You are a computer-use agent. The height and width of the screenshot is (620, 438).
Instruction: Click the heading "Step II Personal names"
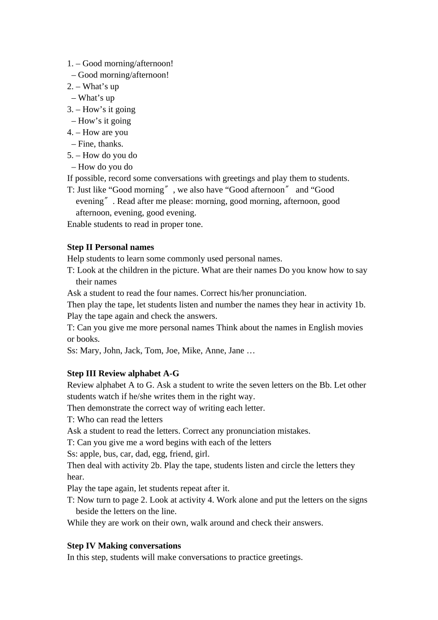(110, 247)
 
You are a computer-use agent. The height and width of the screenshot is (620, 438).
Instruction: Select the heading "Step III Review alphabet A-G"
(123, 374)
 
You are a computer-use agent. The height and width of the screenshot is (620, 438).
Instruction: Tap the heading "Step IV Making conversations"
(124, 546)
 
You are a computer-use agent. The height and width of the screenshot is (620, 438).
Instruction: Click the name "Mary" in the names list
(89, 351)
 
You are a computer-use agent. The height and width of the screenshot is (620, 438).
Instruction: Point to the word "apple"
(90, 454)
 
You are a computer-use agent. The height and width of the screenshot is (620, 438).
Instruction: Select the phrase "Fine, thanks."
(101, 144)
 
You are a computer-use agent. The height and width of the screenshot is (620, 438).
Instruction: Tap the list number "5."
(70, 155)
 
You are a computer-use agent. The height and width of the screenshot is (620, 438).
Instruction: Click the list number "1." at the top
(70, 64)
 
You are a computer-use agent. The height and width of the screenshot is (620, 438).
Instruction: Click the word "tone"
(193, 225)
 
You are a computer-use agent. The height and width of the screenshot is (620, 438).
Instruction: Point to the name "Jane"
(236, 351)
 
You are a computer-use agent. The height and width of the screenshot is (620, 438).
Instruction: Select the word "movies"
(349, 328)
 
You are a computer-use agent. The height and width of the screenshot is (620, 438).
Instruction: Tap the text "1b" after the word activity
(360, 305)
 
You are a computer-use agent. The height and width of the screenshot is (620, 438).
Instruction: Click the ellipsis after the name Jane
(251, 351)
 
